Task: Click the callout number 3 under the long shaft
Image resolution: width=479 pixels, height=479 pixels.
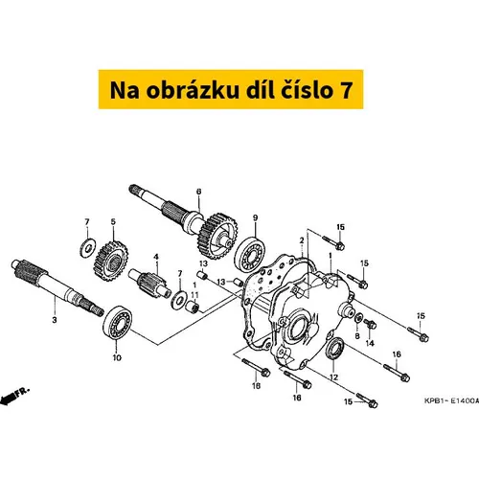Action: point(55,320)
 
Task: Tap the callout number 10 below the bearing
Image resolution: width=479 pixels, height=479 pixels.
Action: point(117,357)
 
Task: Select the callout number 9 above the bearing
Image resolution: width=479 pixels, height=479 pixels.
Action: point(255,217)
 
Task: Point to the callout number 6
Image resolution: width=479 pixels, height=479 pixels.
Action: point(198,192)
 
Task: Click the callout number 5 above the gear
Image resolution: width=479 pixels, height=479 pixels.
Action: point(113,221)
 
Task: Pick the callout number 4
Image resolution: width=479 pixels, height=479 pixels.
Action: point(156,257)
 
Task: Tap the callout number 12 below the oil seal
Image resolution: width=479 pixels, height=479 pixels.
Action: point(333,377)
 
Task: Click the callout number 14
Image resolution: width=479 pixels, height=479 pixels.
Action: point(370,343)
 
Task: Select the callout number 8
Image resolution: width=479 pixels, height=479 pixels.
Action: point(357,336)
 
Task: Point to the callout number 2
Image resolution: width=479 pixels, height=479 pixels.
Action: point(302,240)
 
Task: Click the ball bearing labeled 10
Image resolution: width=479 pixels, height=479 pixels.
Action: point(118,323)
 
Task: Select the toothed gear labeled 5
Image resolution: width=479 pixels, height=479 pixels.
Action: point(111,262)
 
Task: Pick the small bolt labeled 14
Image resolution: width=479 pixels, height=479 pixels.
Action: point(370,324)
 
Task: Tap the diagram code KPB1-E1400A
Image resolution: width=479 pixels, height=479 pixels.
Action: point(451,401)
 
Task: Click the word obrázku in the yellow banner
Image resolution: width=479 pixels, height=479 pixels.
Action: point(193,90)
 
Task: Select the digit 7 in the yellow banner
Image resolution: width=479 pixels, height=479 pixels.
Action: point(346,90)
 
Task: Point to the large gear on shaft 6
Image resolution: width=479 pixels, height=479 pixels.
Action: point(217,236)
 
